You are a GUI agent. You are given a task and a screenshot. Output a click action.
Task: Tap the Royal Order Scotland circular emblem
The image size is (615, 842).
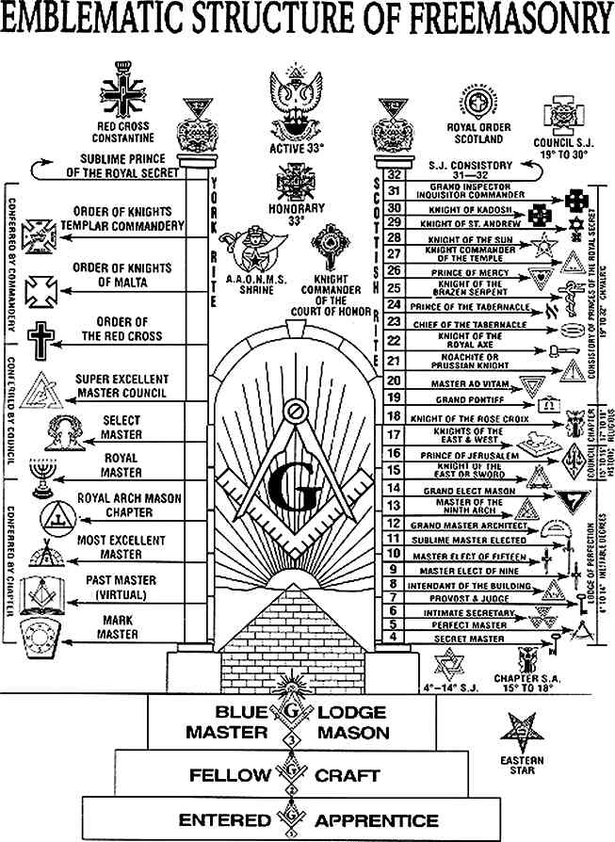(x=475, y=105)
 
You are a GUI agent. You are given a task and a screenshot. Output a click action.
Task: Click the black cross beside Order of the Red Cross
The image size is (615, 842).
(x=40, y=338)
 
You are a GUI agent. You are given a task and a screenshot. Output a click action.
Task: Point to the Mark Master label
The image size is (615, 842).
(x=120, y=627)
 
